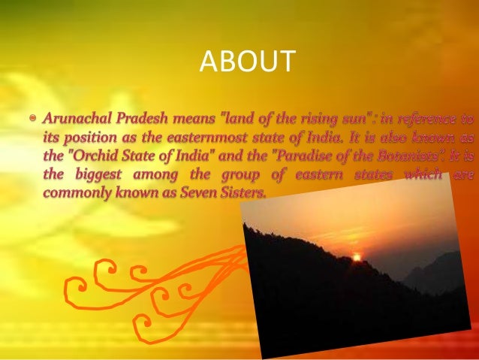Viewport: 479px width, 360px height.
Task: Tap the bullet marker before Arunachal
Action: (32, 118)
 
